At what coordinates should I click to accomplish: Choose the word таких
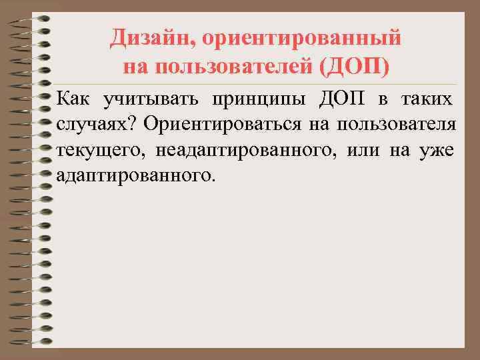point(428,100)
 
